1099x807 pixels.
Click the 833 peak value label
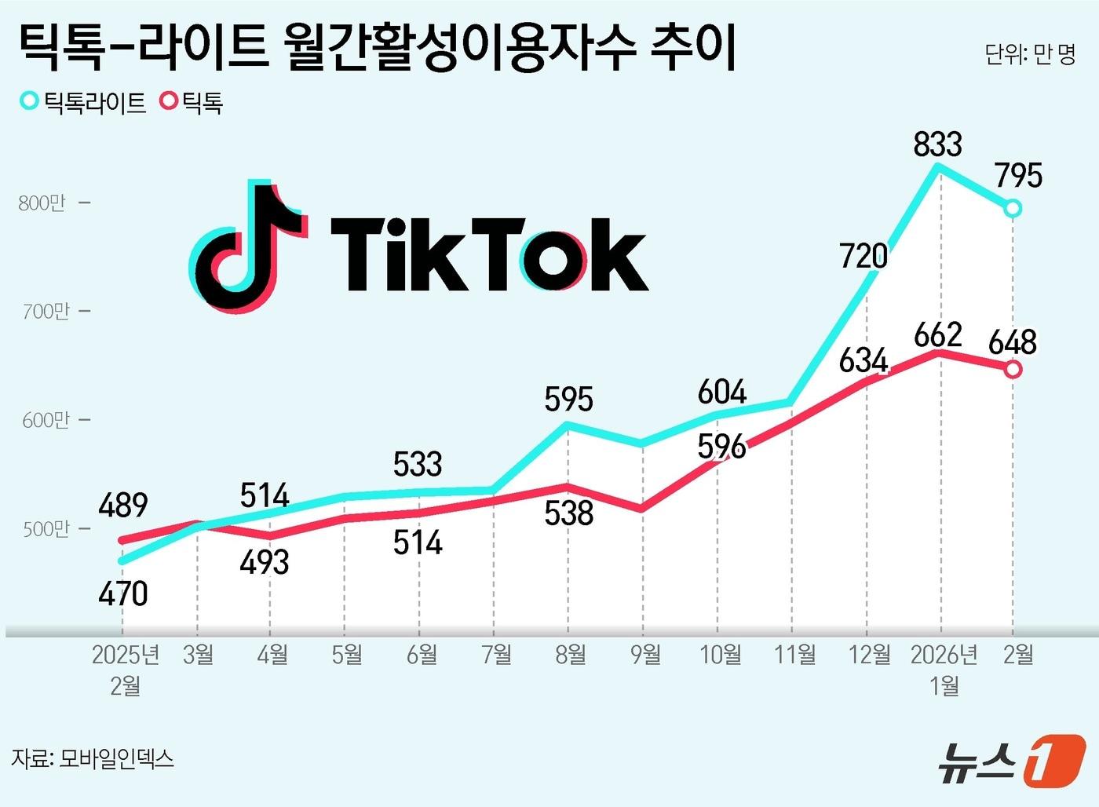pyautogui.click(x=937, y=144)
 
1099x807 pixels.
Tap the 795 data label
pyautogui.click(x=1018, y=175)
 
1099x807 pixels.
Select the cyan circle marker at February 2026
pyautogui.click(x=1013, y=208)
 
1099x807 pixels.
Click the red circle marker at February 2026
pyautogui.click(x=1013, y=369)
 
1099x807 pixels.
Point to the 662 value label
pyautogui.click(x=937, y=335)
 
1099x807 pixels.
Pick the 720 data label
pyautogui.click(x=863, y=256)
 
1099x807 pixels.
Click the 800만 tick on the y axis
pyautogui.click(x=42, y=203)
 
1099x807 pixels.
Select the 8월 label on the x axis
pyautogui.click(x=571, y=654)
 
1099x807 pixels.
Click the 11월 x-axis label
pyautogui.click(x=794, y=654)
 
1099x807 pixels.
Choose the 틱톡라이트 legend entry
pyautogui.click(x=83, y=103)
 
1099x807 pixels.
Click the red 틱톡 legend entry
pyautogui.click(x=192, y=103)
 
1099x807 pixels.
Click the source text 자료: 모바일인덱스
pyautogui.click(x=93, y=758)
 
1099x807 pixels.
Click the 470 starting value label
pyautogui.click(x=123, y=593)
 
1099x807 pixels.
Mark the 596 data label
pyautogui.click(x=721, y=446)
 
